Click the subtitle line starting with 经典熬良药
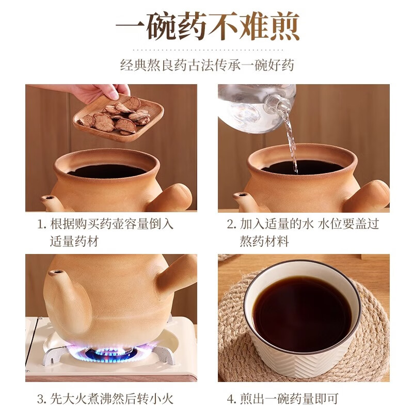[x=206, y=66]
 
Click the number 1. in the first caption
[x=42, y=225]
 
